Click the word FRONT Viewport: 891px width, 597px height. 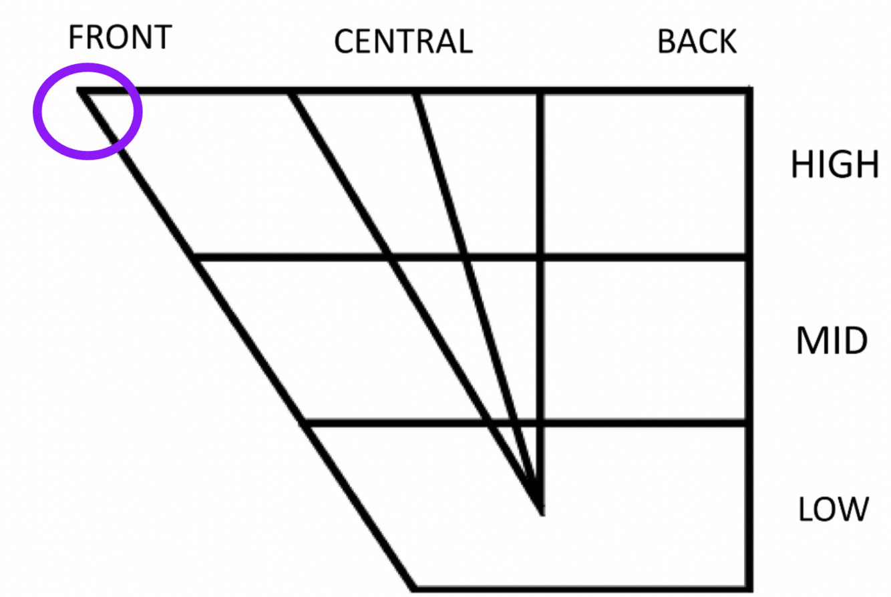[120, 37]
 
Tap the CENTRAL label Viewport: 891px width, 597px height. [403, 42]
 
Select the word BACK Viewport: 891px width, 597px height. [697, 42]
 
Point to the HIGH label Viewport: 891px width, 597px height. [834, 164]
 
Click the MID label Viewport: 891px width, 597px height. [832, 341]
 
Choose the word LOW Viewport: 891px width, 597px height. [834, 510]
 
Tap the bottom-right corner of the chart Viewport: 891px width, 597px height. [748, 588]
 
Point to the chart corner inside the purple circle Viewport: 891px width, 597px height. [81, 90]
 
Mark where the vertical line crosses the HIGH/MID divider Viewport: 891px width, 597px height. [540, 257]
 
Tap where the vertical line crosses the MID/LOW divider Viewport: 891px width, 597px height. [540, 423]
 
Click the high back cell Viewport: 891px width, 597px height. [644, 174]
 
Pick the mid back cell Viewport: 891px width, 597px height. [644, 341]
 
